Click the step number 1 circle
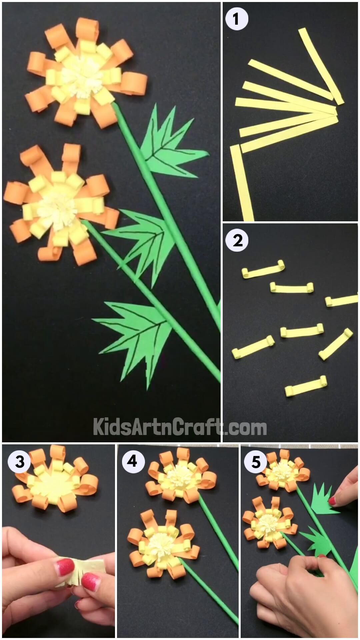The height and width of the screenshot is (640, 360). point(237,19)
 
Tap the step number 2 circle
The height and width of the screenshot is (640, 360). point(237,240)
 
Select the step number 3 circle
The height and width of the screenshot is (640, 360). point(20,462)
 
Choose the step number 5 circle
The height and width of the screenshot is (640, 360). point(256,462)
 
